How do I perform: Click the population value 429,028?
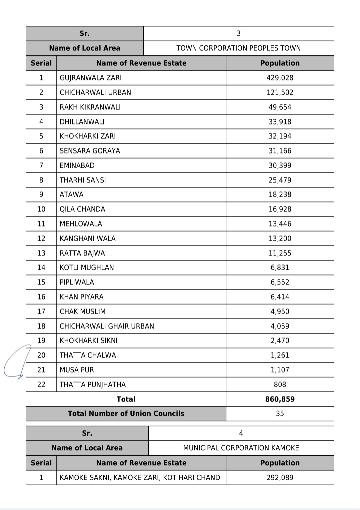point(280,78)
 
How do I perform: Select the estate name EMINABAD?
point(77,165)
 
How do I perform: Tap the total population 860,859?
point(280,399)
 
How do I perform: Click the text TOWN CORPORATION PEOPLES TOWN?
point(238,48)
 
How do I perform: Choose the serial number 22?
point(41,385)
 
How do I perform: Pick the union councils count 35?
point(280,414)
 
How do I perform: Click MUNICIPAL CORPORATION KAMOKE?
point(241,448)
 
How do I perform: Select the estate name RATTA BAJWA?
point(82,253)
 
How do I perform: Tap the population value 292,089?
point(280,478)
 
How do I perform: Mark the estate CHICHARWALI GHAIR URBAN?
point(107,326)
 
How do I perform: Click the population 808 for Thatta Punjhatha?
point(280,385)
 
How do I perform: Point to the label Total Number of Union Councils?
point(126,414)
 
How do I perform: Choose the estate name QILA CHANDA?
point(82,209)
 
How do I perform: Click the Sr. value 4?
point(241,433)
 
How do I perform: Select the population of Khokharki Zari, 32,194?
point(280,136)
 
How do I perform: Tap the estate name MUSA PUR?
point(77,370)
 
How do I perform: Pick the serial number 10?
point(41,209)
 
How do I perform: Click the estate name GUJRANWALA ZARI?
point(90,78)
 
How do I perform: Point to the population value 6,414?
point(280,297)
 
